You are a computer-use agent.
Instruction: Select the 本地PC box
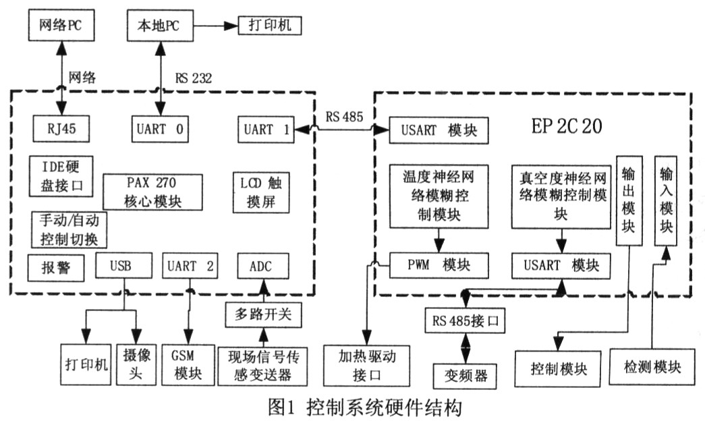click(x=157, y=27)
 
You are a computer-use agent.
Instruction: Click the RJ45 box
click(x=61, y=128)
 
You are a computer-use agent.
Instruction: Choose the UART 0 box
click(x=159, y=128)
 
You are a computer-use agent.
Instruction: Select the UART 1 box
click(x=266, y=128)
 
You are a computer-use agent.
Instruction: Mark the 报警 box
click(x=57, y=268)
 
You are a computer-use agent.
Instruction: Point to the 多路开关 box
click(x=264, y=314)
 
